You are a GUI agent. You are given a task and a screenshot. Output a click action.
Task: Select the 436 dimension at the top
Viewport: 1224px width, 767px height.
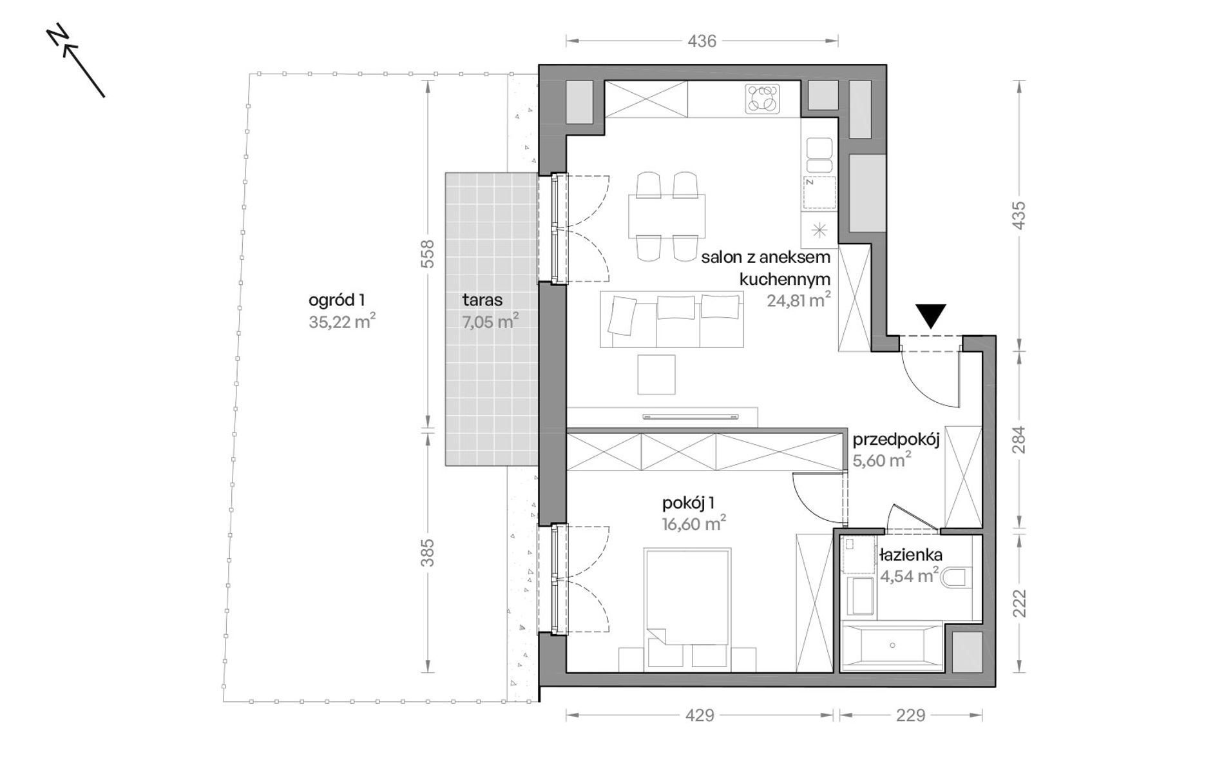point(702,41)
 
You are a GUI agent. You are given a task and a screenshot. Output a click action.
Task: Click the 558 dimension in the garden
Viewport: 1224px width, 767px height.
point(428,254)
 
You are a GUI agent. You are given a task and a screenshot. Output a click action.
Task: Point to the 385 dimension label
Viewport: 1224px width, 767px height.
point(428,552)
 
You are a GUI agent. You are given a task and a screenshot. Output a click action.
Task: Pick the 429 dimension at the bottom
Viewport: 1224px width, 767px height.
point(700,715)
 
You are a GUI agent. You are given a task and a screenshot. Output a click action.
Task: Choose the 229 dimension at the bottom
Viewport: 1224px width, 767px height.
point(910,715)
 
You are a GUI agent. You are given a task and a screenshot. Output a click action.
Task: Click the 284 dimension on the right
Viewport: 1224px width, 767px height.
point(1018,440)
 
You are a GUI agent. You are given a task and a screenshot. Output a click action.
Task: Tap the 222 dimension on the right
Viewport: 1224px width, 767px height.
point(1018,603)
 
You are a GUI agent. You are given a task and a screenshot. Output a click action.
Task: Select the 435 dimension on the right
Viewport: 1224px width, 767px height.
point(1018,215)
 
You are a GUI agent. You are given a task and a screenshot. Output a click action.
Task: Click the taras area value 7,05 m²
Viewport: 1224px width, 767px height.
point(490,322)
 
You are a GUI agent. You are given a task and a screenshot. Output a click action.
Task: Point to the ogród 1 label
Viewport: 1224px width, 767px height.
point(337,300)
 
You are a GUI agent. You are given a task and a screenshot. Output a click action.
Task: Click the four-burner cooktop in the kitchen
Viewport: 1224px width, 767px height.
point(763,99)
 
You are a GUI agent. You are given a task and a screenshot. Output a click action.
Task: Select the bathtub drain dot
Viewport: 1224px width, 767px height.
point(893,645)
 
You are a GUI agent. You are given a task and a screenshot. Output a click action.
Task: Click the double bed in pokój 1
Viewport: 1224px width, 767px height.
point(687,596)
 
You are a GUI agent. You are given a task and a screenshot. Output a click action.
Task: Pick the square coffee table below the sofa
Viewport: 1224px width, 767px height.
point(656,374)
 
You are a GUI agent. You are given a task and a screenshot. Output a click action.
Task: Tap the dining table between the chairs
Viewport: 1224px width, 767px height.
point(667,215)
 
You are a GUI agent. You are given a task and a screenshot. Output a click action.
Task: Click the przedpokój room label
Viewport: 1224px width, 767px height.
point(896,440)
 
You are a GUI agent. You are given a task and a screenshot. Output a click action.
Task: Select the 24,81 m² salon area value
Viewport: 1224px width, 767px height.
point(798,300)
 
